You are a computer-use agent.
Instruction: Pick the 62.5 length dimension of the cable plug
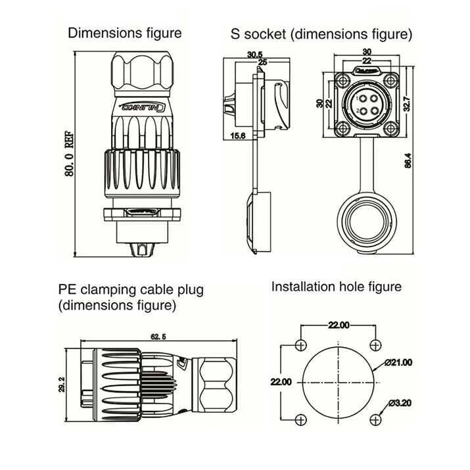tap(158, 337)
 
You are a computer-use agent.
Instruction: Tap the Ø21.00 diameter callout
tap(399, 362)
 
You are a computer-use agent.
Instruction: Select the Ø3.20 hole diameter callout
tap(400, 402)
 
